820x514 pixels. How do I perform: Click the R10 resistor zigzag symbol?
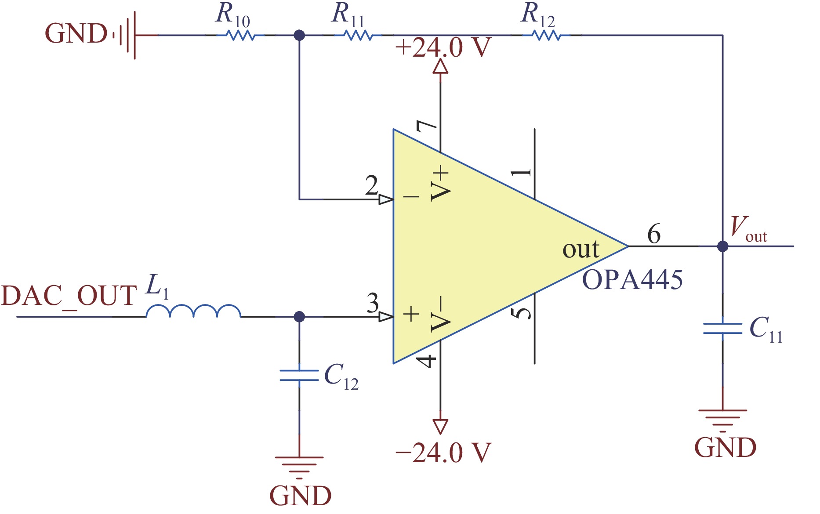[240, 35]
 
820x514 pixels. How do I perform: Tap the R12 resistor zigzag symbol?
[546, 35]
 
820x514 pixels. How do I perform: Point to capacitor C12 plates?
[299, 376]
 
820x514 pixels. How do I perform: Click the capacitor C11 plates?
[722, 328]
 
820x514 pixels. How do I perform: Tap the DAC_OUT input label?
[69, 295]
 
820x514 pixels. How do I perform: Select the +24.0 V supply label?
[443, 47]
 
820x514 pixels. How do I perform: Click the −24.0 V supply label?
[443, 452]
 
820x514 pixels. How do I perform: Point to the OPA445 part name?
[632, 279]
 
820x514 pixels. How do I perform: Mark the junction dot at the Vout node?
[722, 246]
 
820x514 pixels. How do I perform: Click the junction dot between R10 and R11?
[299, 35]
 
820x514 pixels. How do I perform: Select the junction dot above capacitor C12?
[299, 316]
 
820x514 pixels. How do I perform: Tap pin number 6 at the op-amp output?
[654, 234]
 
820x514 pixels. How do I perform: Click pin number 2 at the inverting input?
[372, 186]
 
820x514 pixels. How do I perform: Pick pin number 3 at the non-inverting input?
[373, 303]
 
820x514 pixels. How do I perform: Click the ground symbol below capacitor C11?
[722, 417]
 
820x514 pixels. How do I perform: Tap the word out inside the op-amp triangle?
[581, 250]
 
